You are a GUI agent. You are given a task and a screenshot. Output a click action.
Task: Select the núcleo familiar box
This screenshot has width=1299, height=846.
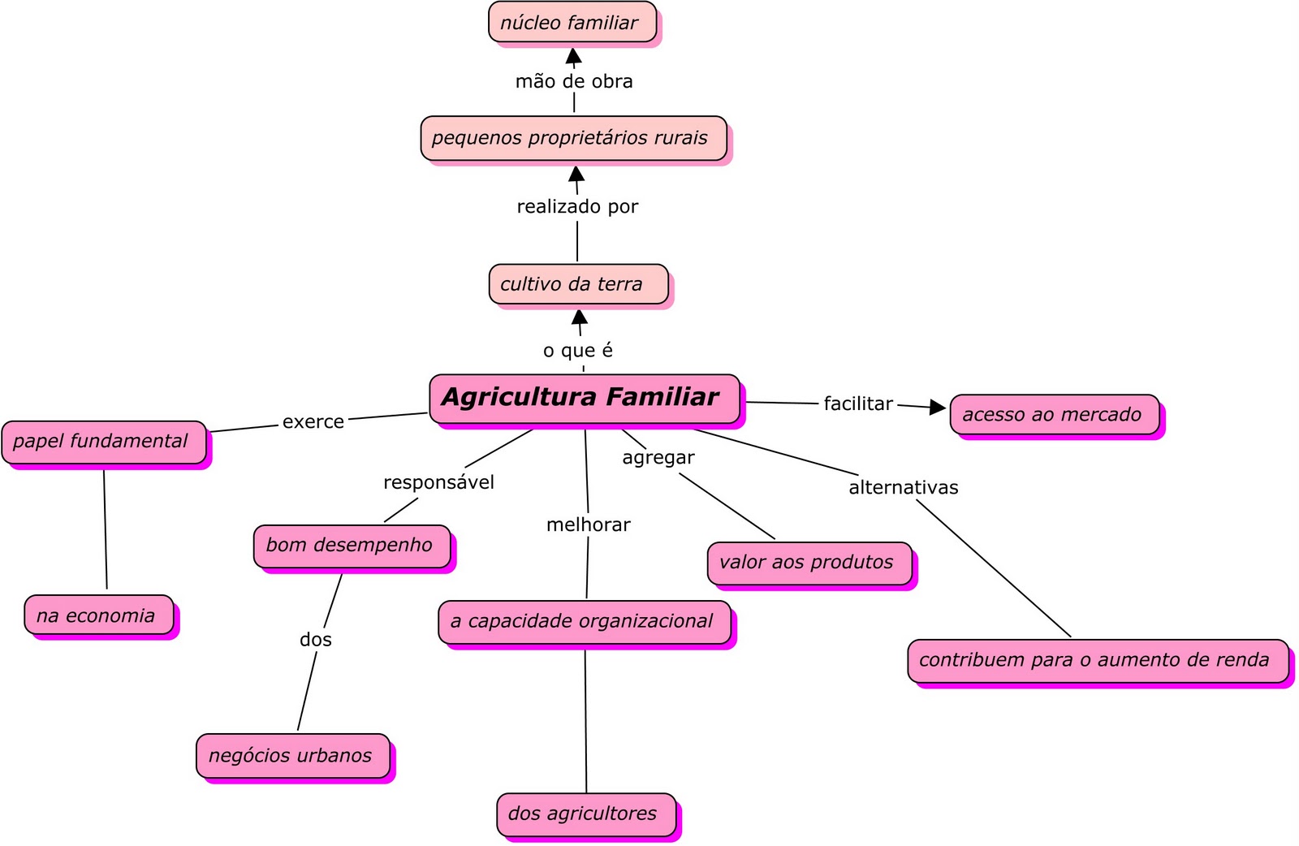tap(572, 23)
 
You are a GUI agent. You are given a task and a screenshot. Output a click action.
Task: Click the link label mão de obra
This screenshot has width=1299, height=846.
tap(574, 81)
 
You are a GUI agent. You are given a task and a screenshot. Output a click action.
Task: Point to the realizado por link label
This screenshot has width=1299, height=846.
tap(577, 207)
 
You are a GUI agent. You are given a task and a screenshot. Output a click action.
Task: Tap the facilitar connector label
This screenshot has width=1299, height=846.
tap(858, 404)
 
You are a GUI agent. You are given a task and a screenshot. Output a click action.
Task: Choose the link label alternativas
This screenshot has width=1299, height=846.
tap(904, 487)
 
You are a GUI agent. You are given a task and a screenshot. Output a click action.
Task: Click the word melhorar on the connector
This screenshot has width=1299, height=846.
tap(588, 524)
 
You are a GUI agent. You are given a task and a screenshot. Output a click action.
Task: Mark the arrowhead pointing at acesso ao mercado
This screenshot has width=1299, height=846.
tap(938, 407)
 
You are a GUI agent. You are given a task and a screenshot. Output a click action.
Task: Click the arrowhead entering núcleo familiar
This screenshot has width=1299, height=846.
tap(574, 56)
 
